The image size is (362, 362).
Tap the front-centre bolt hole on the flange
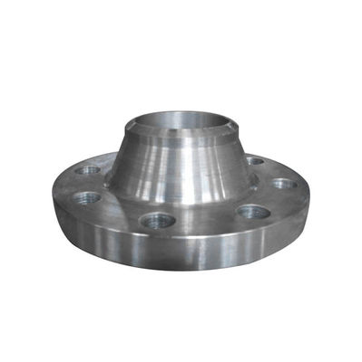[157, 220]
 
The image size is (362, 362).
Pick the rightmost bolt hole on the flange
[284, 184]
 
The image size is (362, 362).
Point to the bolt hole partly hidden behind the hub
[256, 161]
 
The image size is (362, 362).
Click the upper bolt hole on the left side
[89, 170]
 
